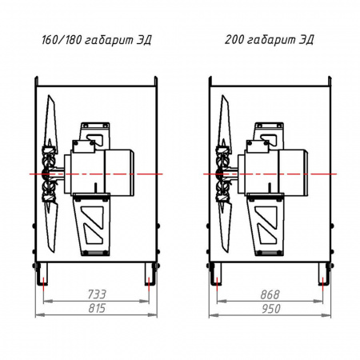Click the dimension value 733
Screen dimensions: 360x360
click(97, 294)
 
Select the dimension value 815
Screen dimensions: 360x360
click(97, 308)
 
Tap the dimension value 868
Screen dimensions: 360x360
click(270, 294)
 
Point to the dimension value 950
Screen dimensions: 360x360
click(271, 309)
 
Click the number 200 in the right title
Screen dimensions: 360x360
click(234, 39)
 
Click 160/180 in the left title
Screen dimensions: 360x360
click(62, 40)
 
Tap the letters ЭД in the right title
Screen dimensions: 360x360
click(306, 40)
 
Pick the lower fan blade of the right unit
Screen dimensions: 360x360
click(224, 226)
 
